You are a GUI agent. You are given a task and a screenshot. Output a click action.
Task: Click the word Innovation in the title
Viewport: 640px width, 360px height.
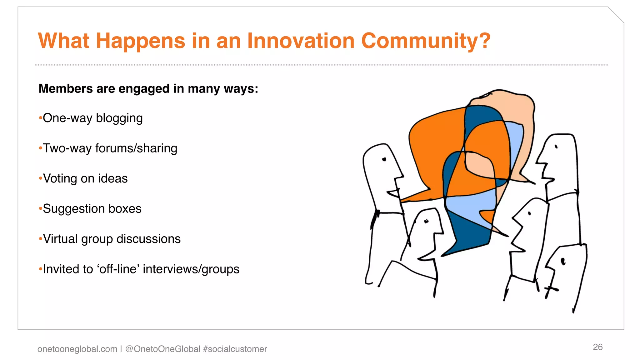click(x=301, y=41)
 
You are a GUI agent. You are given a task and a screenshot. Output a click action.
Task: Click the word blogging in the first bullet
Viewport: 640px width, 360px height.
click(x=119, y=118)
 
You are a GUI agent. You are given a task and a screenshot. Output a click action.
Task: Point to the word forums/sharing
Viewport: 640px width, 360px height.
click(x=136, y=148)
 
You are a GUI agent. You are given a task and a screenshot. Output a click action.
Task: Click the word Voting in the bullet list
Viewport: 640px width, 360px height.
click(x=60, y=178)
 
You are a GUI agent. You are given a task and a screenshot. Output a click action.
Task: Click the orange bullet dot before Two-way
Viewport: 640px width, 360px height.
click(x=40, y=148)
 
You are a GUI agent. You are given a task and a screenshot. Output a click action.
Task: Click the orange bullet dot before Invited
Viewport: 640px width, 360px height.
click(x=40, y=269)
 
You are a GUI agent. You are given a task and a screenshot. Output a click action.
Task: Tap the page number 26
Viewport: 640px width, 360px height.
click(x=597, y=347)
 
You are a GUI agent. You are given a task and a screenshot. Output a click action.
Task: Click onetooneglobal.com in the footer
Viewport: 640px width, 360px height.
click(x=77, y=349)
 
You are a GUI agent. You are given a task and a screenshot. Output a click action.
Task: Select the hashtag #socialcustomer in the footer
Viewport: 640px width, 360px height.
click(x=235, y=349)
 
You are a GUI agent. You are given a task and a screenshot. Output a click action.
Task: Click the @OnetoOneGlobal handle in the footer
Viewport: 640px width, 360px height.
click(x=162, y=349)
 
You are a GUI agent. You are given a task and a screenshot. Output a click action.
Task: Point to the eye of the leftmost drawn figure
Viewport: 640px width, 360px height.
click(x=384, y=159)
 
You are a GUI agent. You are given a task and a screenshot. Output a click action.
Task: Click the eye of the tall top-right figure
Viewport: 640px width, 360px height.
click(x=556, y=147)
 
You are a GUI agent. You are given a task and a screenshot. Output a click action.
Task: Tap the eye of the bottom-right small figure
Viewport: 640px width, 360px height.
click(x=563, y=261)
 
